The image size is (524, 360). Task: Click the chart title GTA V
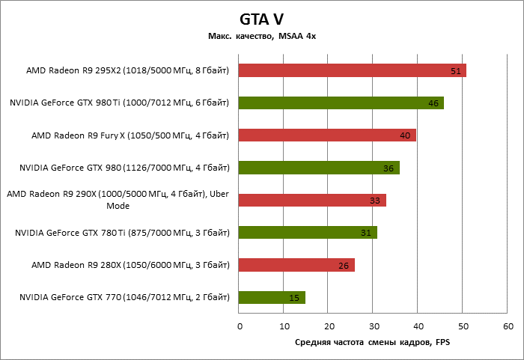[x=261, y=18]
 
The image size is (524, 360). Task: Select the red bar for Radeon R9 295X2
[x=352, y=70]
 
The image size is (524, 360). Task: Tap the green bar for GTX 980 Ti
[x=341, y=103]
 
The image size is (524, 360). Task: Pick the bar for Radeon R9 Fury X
[x=327, y=135]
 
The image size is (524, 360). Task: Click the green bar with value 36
[x=319, y=168]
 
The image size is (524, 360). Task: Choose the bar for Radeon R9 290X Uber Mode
[x=312, y=200]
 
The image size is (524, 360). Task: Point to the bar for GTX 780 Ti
[x=308, y=233]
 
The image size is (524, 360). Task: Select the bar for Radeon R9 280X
[x=296, y=265]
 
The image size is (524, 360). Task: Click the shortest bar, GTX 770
[x=272, y=298]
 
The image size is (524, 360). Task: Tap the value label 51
[x=456, y=71]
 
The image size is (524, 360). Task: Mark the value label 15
[x=294, y=299]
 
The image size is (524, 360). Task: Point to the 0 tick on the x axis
[x=240, y=326]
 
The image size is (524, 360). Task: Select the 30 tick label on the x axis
[x=374, y=326]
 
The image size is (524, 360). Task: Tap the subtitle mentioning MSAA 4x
[x=261, y=37]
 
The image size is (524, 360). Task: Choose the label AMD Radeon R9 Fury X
[x=130, y=135]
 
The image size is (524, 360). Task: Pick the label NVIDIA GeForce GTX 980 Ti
[x=120, y=103]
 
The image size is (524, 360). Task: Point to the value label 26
[x=344, y=266]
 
